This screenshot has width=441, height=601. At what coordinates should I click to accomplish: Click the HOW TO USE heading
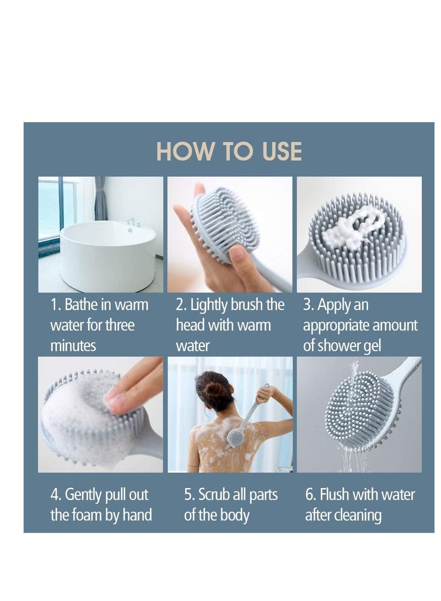point(229,151)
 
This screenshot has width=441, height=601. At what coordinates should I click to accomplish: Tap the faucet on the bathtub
point(131,223)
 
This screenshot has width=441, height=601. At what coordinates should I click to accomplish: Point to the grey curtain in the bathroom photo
point(100,198)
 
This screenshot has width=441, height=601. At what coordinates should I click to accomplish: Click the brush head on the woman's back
point(235,438)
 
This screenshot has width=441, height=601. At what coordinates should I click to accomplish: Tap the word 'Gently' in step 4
point(85,495)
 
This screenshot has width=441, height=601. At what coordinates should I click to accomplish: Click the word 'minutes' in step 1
point(73,346)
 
